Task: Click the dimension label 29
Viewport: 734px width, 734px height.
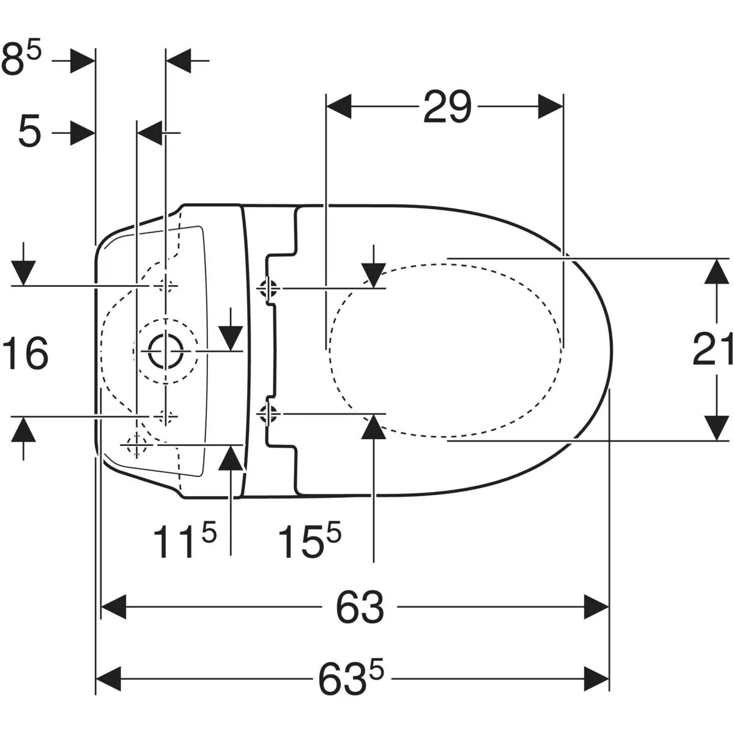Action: [x=447, y=107]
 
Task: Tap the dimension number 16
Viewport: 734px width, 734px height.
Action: [x=25, y=353]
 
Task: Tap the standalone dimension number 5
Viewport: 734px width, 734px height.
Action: [x=29, y=133]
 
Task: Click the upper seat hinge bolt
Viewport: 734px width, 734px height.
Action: [x=268, y=288]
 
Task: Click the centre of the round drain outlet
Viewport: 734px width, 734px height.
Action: [x=166, y=350]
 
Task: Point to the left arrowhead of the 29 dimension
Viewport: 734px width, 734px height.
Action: [x=339, y=106]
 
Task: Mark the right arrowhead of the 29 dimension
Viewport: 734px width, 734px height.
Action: [x=550, y=106]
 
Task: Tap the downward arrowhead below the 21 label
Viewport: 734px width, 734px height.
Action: [x=716, y=428]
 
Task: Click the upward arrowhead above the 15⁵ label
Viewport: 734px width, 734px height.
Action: [x=374, y=426]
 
